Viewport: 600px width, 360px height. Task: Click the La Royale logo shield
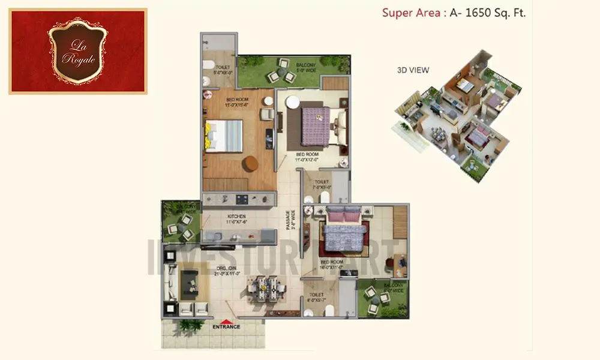click(78, 50)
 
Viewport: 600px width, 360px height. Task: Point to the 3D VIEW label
click(413, 70)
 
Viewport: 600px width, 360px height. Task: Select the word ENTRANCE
click(226, 327)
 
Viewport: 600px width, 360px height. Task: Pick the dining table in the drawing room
click(265, 286)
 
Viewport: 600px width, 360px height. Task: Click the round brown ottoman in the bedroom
click(250, 163)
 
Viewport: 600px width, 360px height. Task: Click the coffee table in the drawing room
click(190, 281)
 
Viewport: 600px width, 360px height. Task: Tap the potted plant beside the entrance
click(190, 325)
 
